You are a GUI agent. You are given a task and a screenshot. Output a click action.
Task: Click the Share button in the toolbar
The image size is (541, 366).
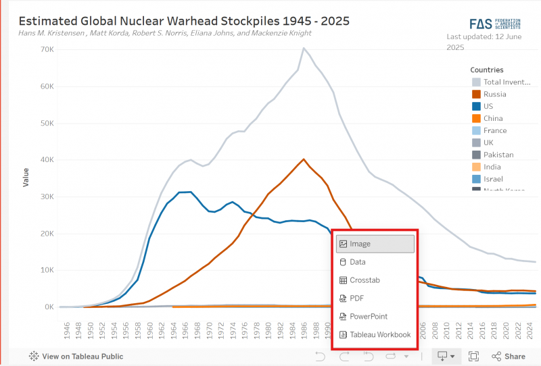coord(508,356)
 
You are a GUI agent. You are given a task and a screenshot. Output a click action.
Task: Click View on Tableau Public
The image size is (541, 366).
coord(76,356)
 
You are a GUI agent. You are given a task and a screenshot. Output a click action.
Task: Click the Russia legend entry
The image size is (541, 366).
coord(494,95)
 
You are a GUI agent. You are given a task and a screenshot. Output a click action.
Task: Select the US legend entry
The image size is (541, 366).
coord(489,107)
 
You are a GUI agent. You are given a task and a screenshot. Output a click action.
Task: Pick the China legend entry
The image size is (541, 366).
coord(492,119)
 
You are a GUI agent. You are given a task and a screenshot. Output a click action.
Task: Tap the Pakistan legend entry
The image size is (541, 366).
coord(498,155)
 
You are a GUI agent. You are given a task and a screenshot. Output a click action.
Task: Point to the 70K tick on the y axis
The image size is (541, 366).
coord(47,50)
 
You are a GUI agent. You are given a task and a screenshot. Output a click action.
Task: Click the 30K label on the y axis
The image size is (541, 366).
coord(47,197)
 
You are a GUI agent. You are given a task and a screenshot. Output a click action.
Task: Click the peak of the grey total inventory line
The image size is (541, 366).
coord(304,48)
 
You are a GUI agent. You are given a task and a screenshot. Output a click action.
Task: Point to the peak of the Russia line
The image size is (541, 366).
coord(304,159)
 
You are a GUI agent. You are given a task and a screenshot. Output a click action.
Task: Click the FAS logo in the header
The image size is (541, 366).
coord(494,23)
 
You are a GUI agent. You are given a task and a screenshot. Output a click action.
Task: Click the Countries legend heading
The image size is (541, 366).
coord(487,70)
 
